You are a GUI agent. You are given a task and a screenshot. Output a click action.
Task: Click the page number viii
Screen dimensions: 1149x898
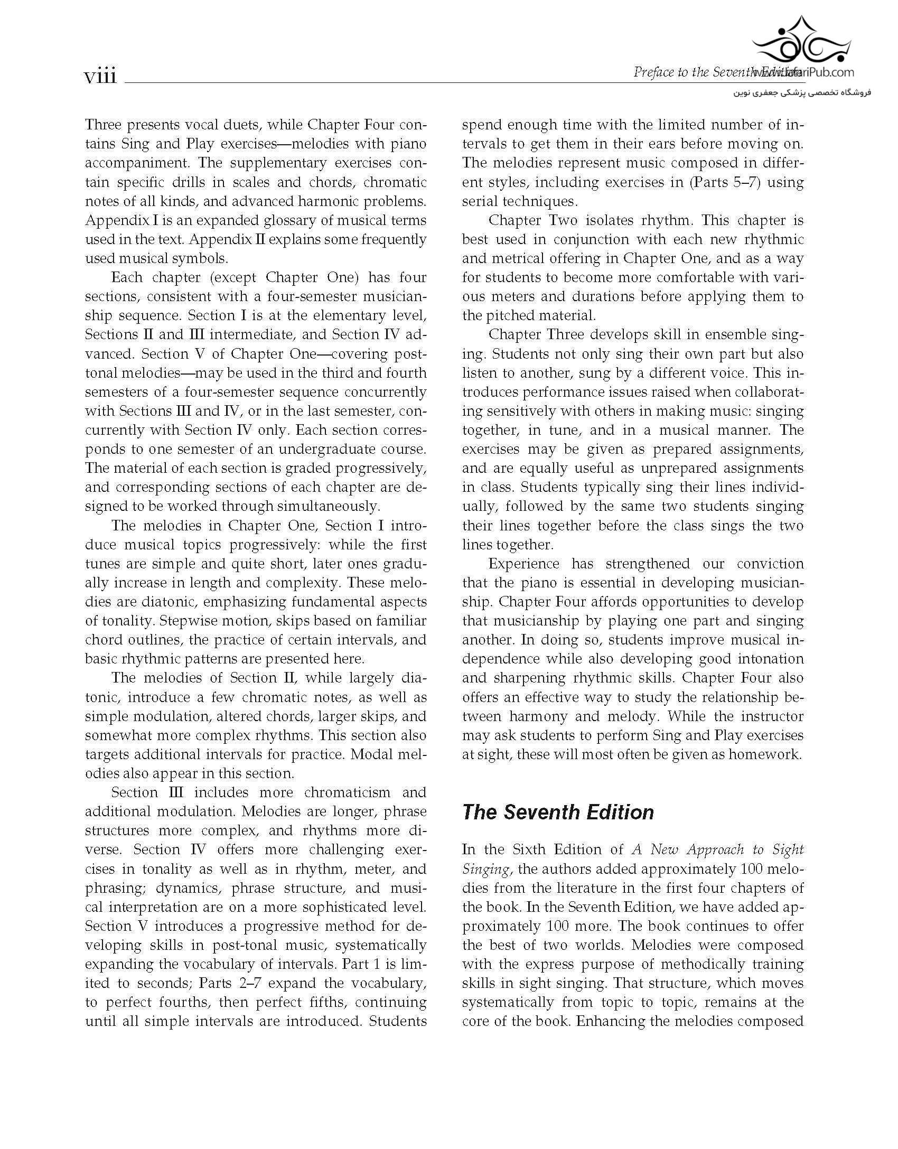coord(100,77)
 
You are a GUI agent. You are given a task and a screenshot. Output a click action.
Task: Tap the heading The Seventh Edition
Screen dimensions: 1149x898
coord(558,812)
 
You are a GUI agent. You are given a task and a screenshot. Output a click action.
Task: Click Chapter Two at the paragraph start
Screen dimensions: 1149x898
coord(534,220)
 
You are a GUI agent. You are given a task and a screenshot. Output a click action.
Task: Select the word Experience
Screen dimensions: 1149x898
coord(523,564)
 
